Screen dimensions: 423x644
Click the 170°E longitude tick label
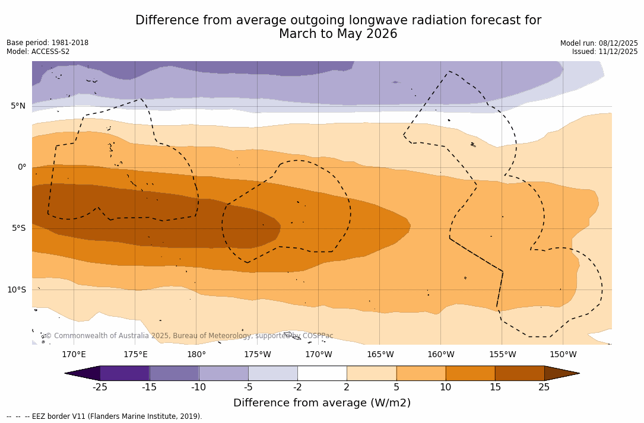click(x=74, y=355)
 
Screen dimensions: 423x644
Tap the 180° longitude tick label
click(x=196, y=355)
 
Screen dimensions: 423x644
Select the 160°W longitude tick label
click(x=441, y=355)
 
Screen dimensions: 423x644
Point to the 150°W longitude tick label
click(x=563, y=355)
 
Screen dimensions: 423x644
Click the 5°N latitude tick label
click(x=18, y=106)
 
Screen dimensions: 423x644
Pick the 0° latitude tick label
click(x=22, y=167)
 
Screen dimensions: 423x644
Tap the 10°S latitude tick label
click(x=16, y=290)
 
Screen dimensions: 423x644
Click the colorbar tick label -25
click(x=100, y=387)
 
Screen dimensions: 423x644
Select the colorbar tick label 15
click(x=494, y=387)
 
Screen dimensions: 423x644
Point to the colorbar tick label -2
click(x=297, y=387)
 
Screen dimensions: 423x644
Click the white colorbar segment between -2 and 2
click(x=322, y=373)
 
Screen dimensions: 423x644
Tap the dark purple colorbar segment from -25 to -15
click(x=125, y=373)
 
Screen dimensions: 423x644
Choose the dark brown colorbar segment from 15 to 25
click(x=519, y=373)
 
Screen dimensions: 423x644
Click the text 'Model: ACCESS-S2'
click(x=38, y=52)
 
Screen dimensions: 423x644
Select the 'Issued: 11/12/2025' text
click(x=605, y=52)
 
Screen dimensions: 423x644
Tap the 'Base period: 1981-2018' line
click(x=47, y=43)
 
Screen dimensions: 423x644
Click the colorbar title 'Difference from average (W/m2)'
click(x=322, y=403)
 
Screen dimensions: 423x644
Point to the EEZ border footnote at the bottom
click(x=104, y=416)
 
